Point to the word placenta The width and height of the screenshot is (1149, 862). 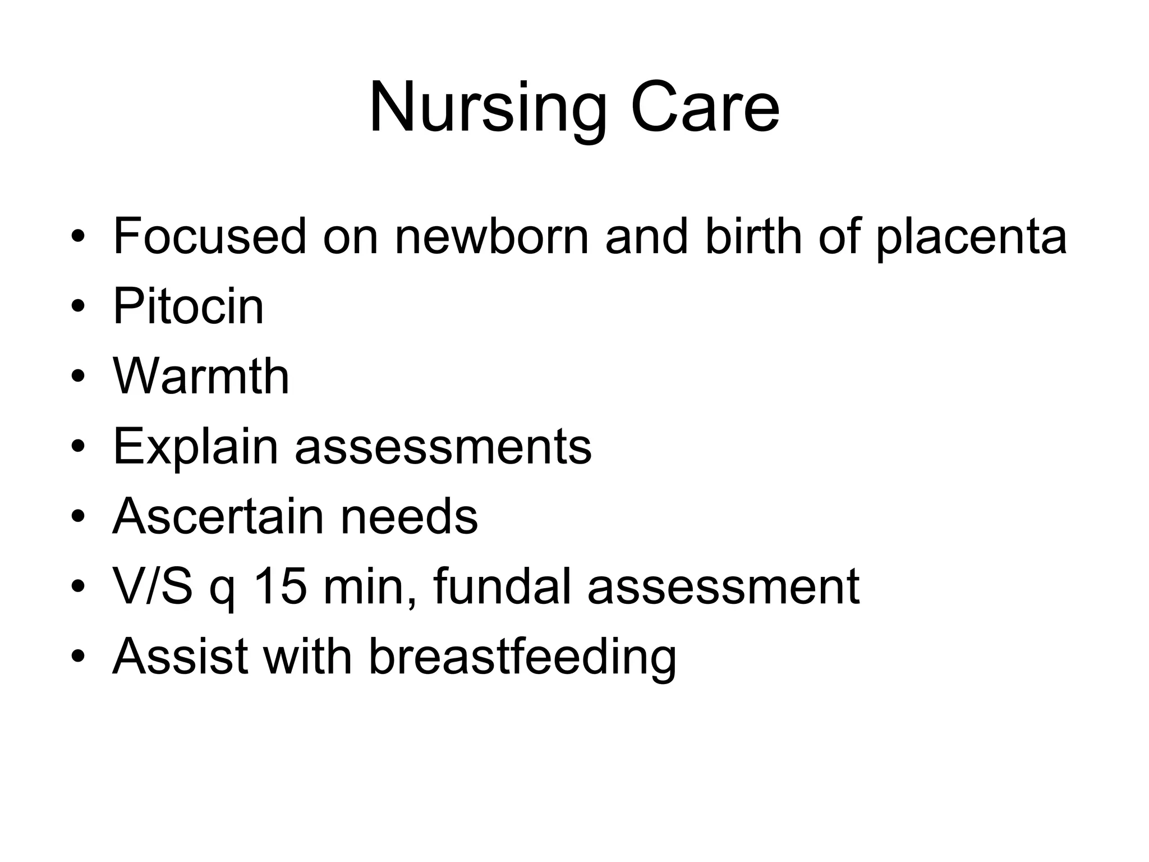coord(971,236)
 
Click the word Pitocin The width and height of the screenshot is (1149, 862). coord(189,306)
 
